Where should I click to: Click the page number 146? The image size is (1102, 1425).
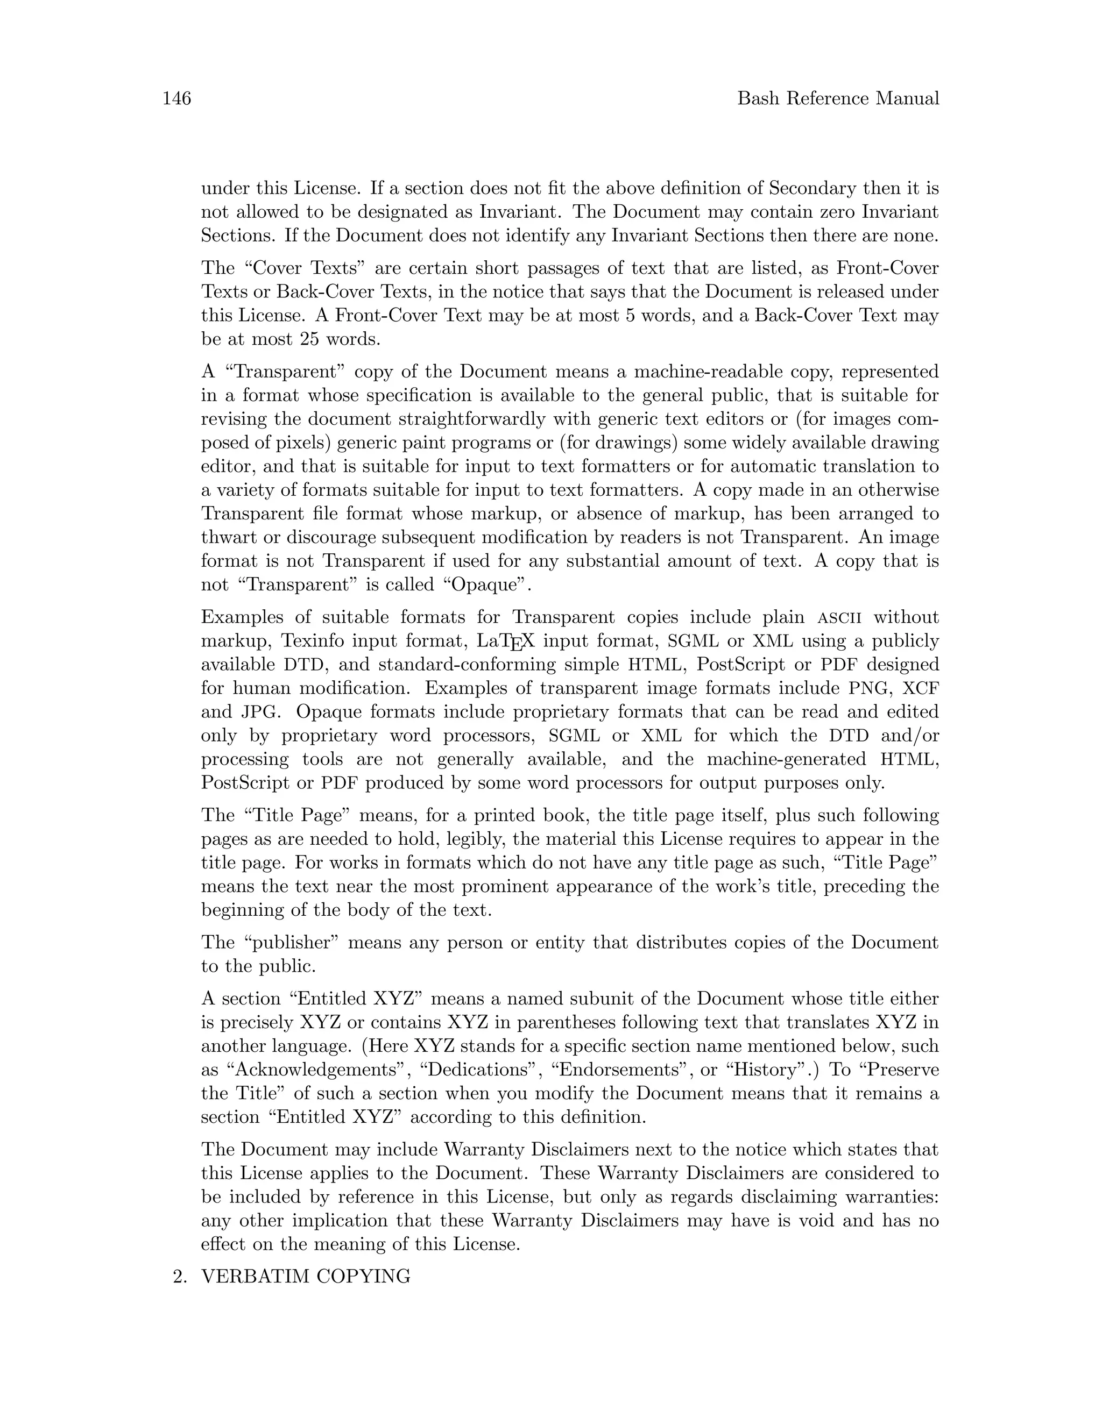click(176, 98)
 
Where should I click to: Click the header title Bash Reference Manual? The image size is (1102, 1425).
click(838, 98)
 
